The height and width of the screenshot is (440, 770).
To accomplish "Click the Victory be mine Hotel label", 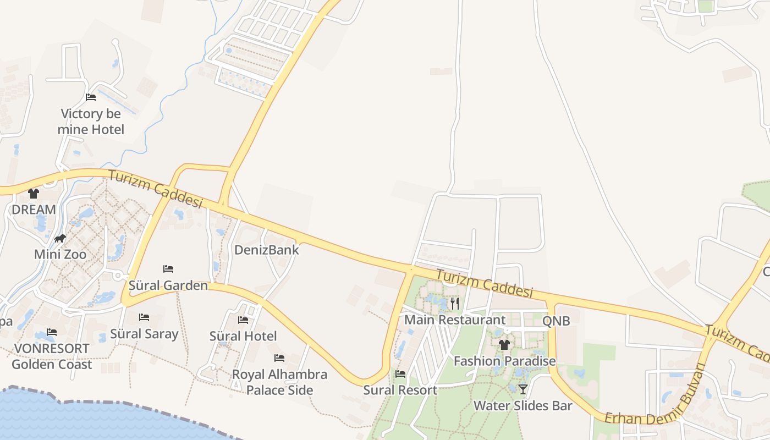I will (x=91, y=122).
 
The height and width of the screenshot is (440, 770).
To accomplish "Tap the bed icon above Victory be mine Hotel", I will (x=91, y=97).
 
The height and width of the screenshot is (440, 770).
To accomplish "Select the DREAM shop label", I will (x=34, y=210).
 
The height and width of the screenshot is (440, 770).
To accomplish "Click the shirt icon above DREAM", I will (x=34, y=194).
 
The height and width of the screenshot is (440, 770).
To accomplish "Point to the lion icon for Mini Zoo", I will (x=60, y=239).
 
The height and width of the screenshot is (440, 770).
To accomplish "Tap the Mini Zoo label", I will (x=60, y=255).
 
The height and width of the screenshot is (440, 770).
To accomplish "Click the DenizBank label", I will (x=267, y=250).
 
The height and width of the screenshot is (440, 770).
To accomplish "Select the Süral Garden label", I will (x=168, y=285).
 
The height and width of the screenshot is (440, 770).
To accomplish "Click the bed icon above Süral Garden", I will (x=168, y=269).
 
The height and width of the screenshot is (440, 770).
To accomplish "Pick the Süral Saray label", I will (x=144, y=334).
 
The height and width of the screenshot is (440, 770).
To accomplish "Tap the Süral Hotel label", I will (x=243, y=336).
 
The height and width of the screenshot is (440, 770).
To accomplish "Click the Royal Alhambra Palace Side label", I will (x=279, y=382).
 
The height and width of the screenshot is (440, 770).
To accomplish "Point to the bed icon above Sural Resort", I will (x=400, y=375).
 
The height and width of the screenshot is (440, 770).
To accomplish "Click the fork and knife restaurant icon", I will (x=454, y=304).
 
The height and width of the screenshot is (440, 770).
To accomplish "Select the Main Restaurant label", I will (x=455, y=320).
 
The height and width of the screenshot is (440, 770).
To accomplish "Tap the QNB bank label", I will (x=556, y=321).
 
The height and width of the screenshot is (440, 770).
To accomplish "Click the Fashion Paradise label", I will (x=504, y=361).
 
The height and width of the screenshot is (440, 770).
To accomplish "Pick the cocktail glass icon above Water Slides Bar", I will (x=522, y=389).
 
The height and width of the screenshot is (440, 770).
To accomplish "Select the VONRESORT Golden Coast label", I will (x=52, y=356).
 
